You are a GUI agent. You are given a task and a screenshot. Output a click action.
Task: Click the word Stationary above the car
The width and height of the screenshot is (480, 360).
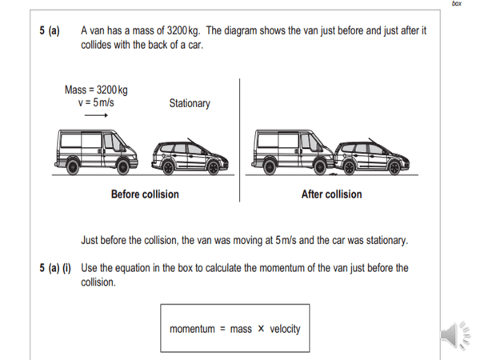(x=190, y=103)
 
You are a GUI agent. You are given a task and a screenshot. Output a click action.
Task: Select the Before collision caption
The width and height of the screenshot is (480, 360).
(x=145, y=194)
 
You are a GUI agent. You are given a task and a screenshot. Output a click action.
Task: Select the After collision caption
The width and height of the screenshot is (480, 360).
(x=331, y=194)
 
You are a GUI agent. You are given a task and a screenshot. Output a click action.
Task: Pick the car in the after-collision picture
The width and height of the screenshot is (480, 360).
(x=374, y=155)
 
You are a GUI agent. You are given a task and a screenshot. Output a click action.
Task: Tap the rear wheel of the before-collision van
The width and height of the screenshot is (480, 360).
(x=72, y=166)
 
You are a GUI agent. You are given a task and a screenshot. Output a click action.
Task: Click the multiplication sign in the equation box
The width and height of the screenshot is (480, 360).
(x=260, y=329)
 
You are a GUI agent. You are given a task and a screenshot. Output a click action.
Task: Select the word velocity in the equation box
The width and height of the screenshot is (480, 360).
(x=285, y=329)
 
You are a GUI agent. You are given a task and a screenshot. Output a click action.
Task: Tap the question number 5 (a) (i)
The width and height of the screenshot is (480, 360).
(x=54, y=268)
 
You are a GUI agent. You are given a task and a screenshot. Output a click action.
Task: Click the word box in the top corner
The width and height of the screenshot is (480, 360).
(x=457, y=4)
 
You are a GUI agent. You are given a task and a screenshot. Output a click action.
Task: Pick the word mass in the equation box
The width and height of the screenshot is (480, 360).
(x=240, y=329)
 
